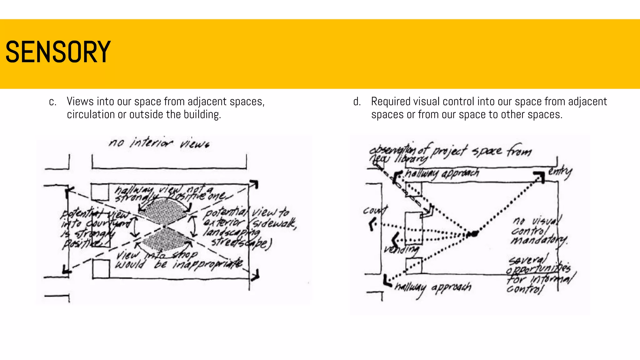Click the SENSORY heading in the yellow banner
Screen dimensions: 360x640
pyautogui.click(x=58, y=52)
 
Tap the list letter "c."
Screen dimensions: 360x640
pyautogui.click(x=53, y=102)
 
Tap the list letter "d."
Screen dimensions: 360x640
pyautogui.click(x=357, y=102)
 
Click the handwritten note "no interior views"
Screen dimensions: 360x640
pyautogui.click(x=159, y=143)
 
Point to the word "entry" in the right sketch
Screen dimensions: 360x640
pyautogui.click(x=560, y=171)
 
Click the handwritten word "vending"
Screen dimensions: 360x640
pyautogui.click(x=402, y=249)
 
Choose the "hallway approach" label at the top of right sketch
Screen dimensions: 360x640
pyautogui.click(x=442, y=173)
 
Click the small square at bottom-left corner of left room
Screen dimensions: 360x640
pyautogui.click(x=101, y=268)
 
